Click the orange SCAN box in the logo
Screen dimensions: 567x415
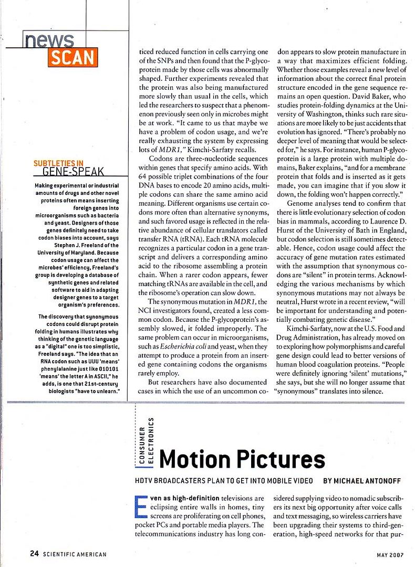coord(73,57)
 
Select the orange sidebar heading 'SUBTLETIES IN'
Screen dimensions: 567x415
coord(58,163)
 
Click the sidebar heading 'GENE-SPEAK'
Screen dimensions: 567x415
coord(73,171)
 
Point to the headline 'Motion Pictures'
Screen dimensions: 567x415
coord(242,459)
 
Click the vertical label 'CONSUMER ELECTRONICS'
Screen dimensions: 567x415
coord(146,440)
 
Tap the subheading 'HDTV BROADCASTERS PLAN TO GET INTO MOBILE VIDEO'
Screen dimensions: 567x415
coord(224,480)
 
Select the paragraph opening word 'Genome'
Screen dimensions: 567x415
coord(304,203)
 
